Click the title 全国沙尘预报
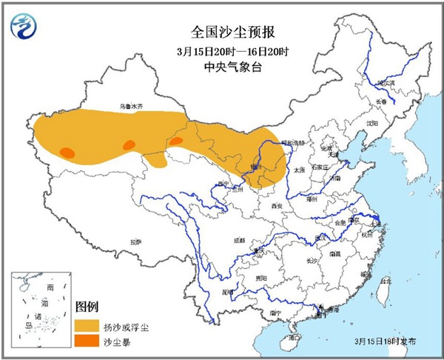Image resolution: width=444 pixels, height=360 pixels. point(222,33)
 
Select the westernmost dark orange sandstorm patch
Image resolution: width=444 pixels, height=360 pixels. point(67,153)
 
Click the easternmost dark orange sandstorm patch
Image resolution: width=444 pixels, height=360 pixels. point(175,141)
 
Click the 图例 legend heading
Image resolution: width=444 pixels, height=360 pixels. point(87,306)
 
